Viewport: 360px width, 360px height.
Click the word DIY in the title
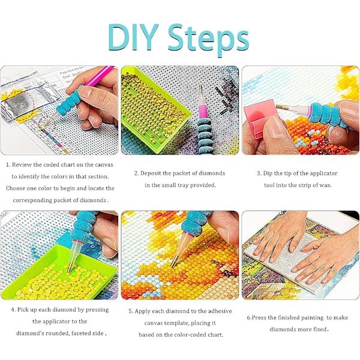pyautogui.click(x=133, y=37)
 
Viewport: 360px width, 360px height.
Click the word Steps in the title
pyautogui.click(x=208, y=39)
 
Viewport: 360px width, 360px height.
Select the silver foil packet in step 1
pyautogui.click(x=20, y=104)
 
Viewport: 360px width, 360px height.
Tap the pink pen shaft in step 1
pyautogui.click(x=99, y=76)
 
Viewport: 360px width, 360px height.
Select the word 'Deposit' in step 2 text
pyautogui.click(x=151, y=173)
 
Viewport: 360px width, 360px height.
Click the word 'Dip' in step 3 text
pyautogui.click(x=268, y=173)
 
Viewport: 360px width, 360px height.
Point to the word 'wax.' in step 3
pyautogui.click(x=325, y=185)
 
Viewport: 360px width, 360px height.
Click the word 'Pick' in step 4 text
pyautogui.click(x=23, y=310)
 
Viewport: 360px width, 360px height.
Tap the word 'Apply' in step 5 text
pyautogui.click(x=142, y=311)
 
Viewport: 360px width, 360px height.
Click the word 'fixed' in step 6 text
pyautogui.click(x=320, y=329)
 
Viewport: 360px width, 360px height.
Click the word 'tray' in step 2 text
pyautogui.click(x=182, y=185)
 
